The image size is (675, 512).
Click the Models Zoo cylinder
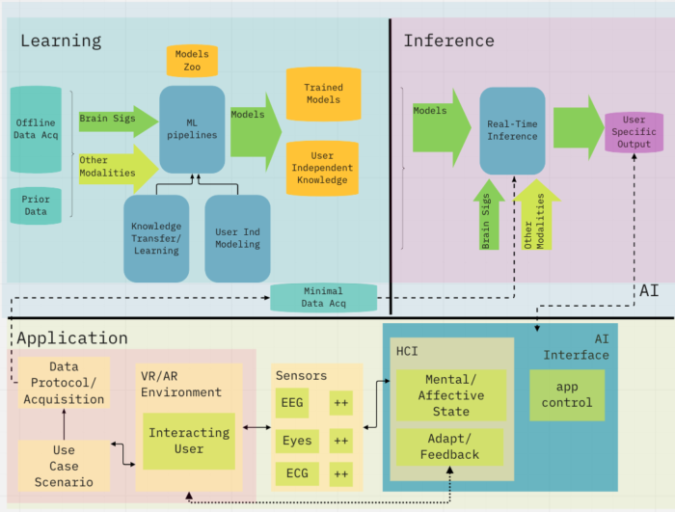pyautogui.click(x=193, y=61)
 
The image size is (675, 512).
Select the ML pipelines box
pyautogui.click(x=192, y=128)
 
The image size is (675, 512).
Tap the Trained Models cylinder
pyautogui.click(x=323, y=94)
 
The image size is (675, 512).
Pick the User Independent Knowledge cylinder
pyautogui.click(x=323, y=168)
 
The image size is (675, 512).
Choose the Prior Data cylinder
pyautogui.click(x=36, y=203)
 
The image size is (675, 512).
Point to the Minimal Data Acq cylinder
pyautogui.click(x=323, y=297)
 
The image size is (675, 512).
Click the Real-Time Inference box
pyautogui.click(x=512, y=130)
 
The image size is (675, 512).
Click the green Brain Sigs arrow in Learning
pyautogui.click(x=117, y=121)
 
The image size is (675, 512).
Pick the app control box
pyautogui.click(x=567, y=394)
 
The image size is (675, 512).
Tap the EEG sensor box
pyautogui.click(x=292, y=402)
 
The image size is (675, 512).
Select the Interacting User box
pyautogui.click(x=188, y=441)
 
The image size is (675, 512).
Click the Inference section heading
pyautogui.click(x=448, y=40)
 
